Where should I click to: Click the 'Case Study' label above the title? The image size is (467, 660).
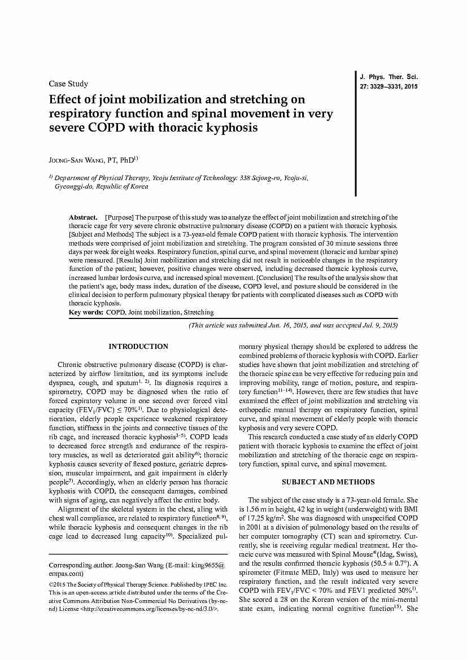68,84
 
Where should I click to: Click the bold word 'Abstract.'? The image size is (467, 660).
84,217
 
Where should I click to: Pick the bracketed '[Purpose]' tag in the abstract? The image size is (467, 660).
119,217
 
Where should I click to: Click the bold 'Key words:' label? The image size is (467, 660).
86,312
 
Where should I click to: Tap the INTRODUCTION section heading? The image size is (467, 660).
138,347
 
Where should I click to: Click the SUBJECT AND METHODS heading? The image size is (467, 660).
328,482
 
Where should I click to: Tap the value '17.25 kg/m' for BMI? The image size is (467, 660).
262,518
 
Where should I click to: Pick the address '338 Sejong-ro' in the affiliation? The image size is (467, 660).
260,178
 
